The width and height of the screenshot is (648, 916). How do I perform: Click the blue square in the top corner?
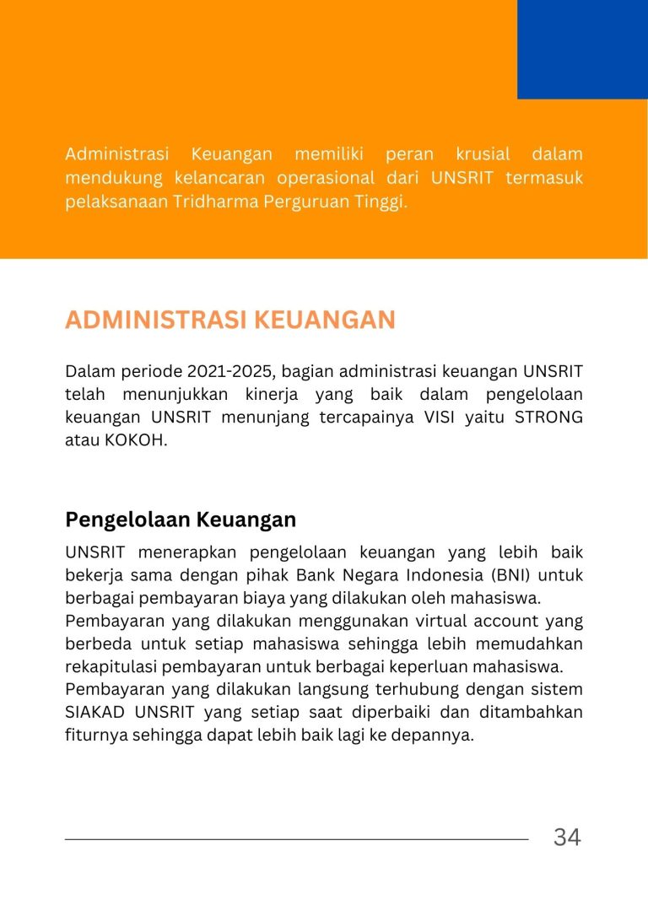click(582, 49)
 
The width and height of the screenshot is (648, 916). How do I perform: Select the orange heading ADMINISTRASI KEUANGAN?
click(230, 321)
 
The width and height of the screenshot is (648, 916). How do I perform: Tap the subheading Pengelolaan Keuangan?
click(181, 519)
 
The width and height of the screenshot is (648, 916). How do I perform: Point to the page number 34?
click(567, 838)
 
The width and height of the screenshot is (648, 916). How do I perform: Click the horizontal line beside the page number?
click(296, 839)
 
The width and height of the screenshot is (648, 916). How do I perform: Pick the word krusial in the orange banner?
click(483, 154)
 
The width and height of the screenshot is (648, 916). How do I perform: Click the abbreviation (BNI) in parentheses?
click(511, 576)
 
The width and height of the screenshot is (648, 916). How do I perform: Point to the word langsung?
click(307, 689)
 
